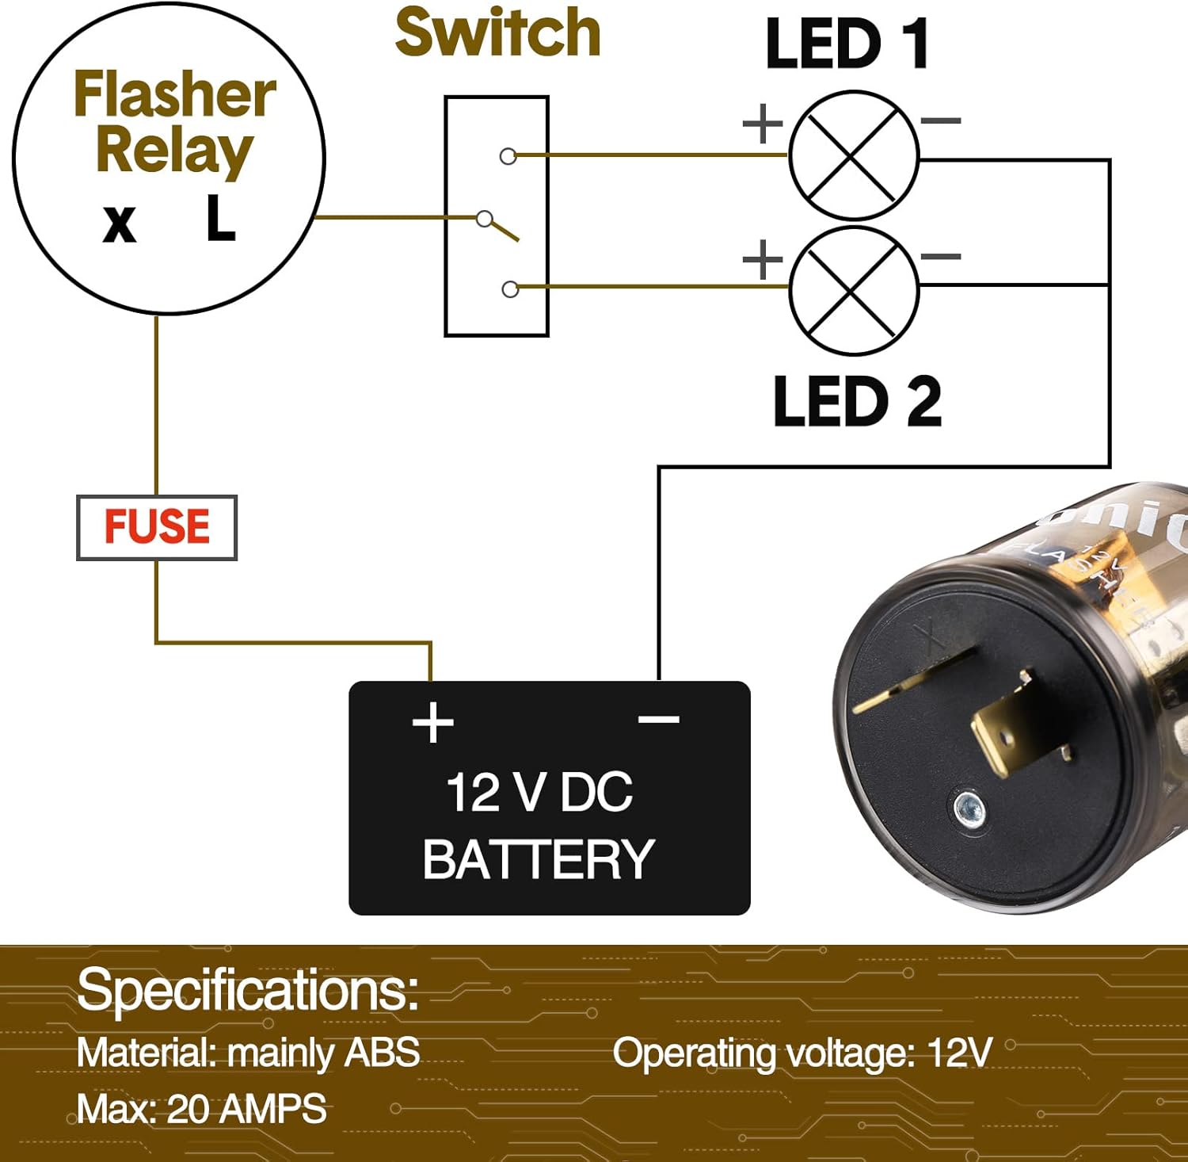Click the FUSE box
click(157, 527)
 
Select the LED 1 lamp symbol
click(854, 155)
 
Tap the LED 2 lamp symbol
click(854, 290)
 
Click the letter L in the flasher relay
click(220, 220)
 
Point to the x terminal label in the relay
click(120, 224)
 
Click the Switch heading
click(497, 33)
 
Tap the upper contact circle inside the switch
click(508, 156)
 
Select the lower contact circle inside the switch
click(511, 289)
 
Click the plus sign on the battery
click(432, 722)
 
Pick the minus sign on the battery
click(658, 719)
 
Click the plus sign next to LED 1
click(763, 124)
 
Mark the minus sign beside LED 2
click(941, 257)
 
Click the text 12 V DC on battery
click(539, 792)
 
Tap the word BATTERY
click(539, 859)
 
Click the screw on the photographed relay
click(969, 809)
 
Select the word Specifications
click(247, 990)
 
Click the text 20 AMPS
click(246, 1109)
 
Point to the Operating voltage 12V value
click(959, 1053)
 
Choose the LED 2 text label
click(857, 402)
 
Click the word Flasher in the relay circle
click(175, 95)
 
